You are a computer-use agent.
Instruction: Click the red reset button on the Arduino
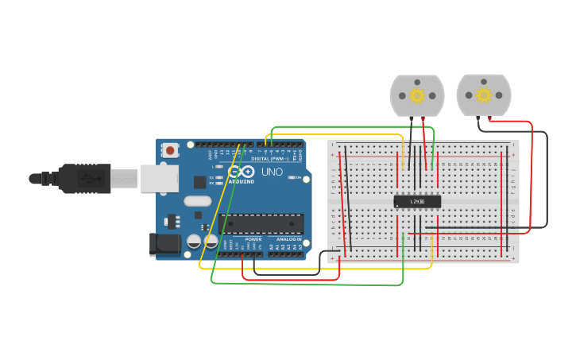[x=170, y=149]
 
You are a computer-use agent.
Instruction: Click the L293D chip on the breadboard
[x=417, y=201]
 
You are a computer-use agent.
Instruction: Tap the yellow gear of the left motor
[x=417, y=95]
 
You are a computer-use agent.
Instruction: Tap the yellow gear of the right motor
[x=483, y=95]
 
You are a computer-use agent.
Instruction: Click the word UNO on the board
[x=273, y=172]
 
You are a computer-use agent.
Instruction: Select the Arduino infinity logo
[x=236, y=172]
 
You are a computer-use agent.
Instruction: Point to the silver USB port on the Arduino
[x=159, y=179]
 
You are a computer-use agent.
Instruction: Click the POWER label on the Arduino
[x=253, y=238]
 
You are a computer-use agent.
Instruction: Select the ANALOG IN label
[x=288, y=238]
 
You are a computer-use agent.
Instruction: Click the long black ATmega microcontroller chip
[x=261, y=224]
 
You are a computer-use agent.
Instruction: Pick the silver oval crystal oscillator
[x=198, y=201]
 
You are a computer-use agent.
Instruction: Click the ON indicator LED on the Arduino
[x=292, y=177]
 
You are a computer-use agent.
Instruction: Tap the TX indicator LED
[x=218, y=177]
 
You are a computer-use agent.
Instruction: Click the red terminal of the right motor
[x=490, y=118]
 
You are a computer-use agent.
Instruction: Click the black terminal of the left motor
[x=411, y=118]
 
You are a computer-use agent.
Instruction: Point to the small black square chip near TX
[x=199, y=182]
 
